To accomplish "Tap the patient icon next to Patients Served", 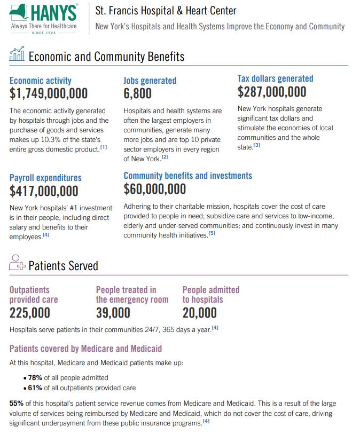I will point(17,264).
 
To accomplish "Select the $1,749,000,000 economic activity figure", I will point(49,94).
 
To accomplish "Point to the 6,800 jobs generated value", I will point(137,94).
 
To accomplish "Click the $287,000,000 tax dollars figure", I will point(272,92).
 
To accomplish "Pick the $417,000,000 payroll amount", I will point(44,191).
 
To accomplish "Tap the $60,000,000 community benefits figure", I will point(155,189).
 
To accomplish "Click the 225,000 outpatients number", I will point(30,313).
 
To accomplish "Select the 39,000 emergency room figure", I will point(113,313).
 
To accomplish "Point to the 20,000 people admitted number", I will point(200,313).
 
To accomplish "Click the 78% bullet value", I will point(35,377).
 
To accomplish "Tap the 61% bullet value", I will point(35,388).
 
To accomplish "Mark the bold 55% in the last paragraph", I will point(17,403).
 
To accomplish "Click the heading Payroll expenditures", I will point(45,178).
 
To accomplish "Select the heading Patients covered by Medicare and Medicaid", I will point(85,349).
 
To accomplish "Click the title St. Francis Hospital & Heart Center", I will point(166,11).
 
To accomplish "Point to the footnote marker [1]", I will point(104,148).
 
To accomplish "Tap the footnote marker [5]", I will point(212,233).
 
